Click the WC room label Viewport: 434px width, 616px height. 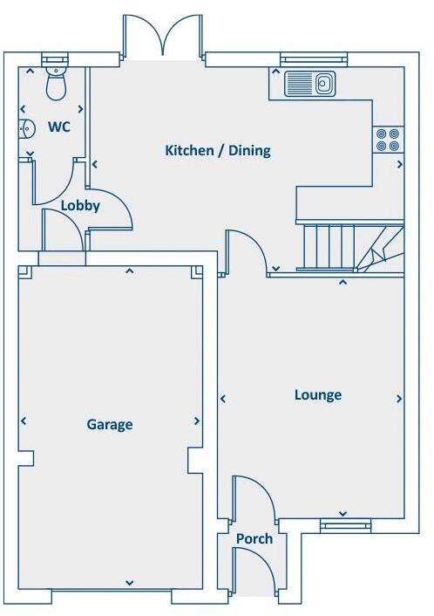pos(59,127)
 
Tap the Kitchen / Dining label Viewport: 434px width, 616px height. pos(218,150)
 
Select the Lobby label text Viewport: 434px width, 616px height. pos(80,207)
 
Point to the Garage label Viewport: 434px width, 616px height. pos(110,425)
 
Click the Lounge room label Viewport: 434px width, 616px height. pos(317,395)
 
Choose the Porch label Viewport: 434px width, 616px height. pos(254,539)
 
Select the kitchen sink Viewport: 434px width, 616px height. pos(312,84)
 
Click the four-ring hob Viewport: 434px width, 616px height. pos(389,140)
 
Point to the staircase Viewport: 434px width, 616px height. pos(349,247)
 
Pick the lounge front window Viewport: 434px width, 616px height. pos(345,524)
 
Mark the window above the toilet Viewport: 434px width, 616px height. pos(55,59)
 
